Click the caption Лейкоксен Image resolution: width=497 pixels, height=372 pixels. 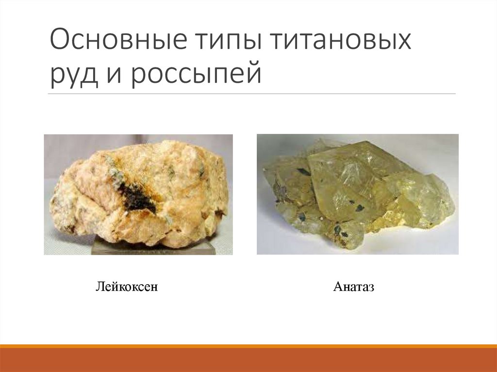(x=127, y=288)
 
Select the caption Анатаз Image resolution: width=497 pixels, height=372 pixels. (x=354, y=288)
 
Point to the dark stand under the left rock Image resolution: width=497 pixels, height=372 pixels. (x=153, y=248)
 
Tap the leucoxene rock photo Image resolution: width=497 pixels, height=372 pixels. (x=138, y=194)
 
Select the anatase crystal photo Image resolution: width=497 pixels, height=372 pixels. (x=357, y=194)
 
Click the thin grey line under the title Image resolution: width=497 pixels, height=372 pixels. (x=252, y=94)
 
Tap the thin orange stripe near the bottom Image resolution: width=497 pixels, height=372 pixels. (x=248, y=346)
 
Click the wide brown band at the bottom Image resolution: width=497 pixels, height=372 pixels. (x=248, y=360)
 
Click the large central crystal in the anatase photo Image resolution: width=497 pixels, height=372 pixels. (x=349, y=179)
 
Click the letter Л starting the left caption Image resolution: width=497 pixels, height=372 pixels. (x=99, y=288)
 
